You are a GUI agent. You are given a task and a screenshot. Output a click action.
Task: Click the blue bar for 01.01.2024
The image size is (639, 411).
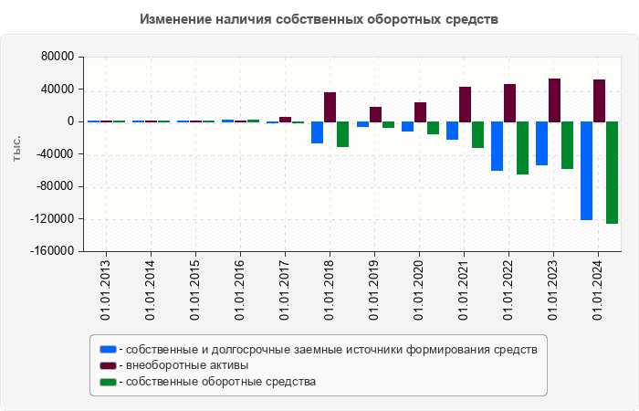click(x=586, y=171)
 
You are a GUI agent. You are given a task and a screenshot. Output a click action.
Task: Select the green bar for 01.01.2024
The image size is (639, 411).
click(x=612, y=173)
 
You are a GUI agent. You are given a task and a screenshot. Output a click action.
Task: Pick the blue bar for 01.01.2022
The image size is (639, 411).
click(x=497, y=146)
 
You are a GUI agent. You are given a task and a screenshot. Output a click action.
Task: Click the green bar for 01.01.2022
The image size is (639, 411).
click(x=522, y=148)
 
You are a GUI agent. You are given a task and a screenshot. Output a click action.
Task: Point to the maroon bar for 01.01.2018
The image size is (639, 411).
click(x=330, y=107)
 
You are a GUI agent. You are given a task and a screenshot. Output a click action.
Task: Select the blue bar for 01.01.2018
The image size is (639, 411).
click(x=317, y=132)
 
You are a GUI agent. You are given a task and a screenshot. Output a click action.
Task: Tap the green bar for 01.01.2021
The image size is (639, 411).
click(x=477, y=134)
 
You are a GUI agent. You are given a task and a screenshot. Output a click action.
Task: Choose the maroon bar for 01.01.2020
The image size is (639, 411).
click(x=420, y=112)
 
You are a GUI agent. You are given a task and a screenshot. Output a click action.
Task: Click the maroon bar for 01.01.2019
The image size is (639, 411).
click(x=375, y=114)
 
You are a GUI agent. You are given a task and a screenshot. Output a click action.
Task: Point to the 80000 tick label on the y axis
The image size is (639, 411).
click(x=57, y=57)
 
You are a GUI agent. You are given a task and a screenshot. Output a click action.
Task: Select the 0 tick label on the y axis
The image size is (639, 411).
click(x=69, y=121)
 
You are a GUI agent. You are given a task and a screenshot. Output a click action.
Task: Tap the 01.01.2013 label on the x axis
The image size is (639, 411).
click(x=106, y=289)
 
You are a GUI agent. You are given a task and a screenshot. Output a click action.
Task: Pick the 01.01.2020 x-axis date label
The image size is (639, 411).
click(x=419, y=289)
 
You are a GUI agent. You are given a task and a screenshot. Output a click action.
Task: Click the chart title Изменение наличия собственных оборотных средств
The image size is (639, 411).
click(x=319, y=19)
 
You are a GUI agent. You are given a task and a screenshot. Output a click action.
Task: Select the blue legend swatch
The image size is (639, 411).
click(x=108, y=349)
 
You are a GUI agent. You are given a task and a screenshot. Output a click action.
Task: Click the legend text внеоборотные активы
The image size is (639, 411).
click(x=188, y=365)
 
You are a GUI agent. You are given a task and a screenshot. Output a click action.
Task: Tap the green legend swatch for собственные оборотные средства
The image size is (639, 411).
click(x=108, y=382)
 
